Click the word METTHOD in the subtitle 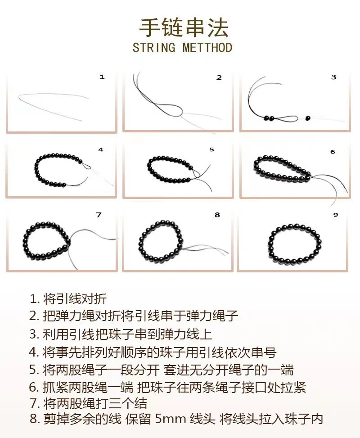coord(207,48)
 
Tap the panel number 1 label coord(102,77)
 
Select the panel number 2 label coord(219,77)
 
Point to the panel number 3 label coord(333,77)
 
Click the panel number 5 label coord(211,149)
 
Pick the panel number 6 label coord(333,152)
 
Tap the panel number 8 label coord(217,215)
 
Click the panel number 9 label coord(335,215)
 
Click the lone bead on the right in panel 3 coord(308,118)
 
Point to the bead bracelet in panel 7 coord(46,242)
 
